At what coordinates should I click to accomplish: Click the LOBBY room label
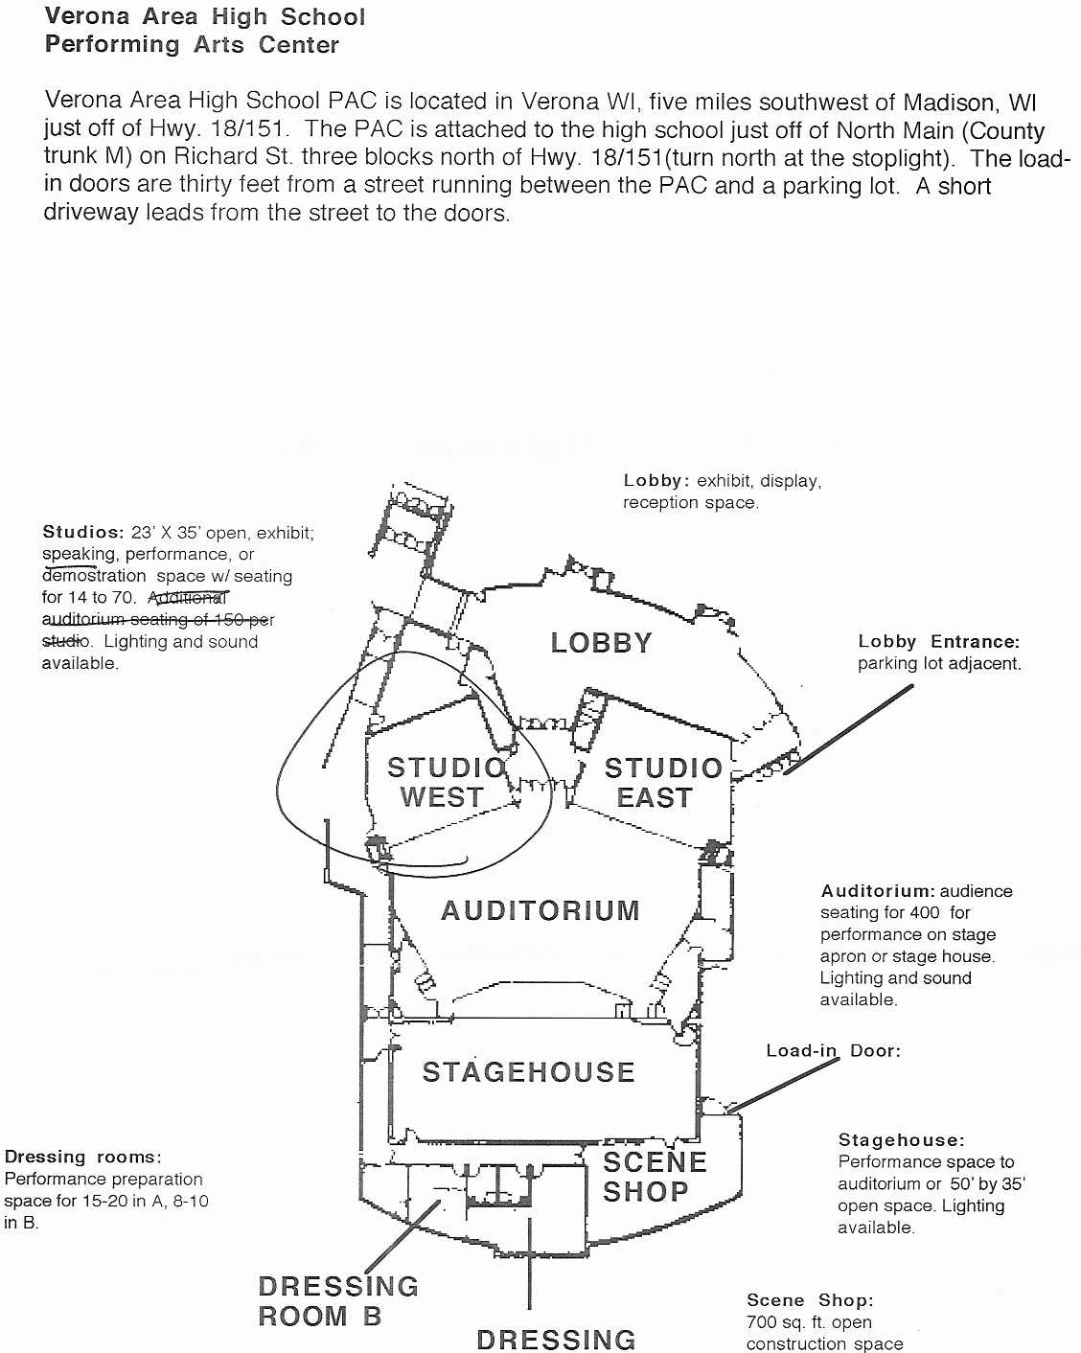coord(601,643)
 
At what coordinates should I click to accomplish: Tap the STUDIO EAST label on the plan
coord(662,783)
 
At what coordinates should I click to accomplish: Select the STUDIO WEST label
coord(447,783)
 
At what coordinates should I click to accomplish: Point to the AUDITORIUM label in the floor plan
coord(540,911)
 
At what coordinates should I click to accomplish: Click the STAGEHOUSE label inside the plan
coord(528,1072)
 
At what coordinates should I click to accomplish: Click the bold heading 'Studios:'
coord(83,532)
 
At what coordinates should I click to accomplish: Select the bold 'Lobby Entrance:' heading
coord(939,641)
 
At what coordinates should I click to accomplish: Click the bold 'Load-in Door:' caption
coord(833,1050)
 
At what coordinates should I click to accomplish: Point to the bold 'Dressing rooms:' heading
coord(83,1157)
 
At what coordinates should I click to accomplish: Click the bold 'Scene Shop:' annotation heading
coord(810,1300)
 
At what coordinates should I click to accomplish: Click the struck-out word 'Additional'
coord(188,597)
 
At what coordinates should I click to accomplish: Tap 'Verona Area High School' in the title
coord(205,17)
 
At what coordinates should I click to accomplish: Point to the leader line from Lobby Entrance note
coord(848,729)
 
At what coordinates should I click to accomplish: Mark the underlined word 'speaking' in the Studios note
coord(80,555)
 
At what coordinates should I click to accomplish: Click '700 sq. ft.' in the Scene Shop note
coord(790,1322)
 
